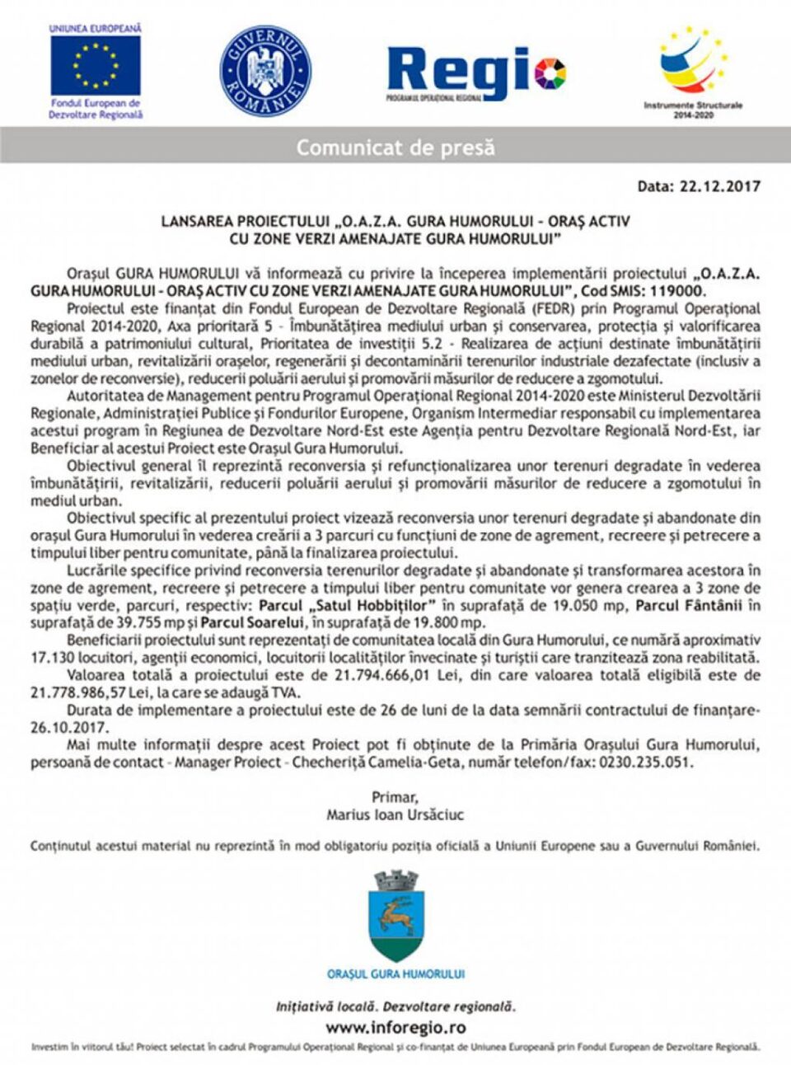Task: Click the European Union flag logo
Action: point(95,65)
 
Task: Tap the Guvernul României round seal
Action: point(265,71)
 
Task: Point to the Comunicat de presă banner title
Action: point(395,148)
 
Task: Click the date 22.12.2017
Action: point(719,186)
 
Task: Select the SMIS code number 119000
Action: point(676,291)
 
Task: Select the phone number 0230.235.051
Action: point(643,762)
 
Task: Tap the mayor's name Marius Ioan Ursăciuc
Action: point(395,814)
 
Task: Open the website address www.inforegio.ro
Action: point(395,1027)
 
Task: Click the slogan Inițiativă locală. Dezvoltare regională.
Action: point(395,1006)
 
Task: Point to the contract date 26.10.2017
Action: point(68,727)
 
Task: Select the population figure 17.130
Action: point(52,658)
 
